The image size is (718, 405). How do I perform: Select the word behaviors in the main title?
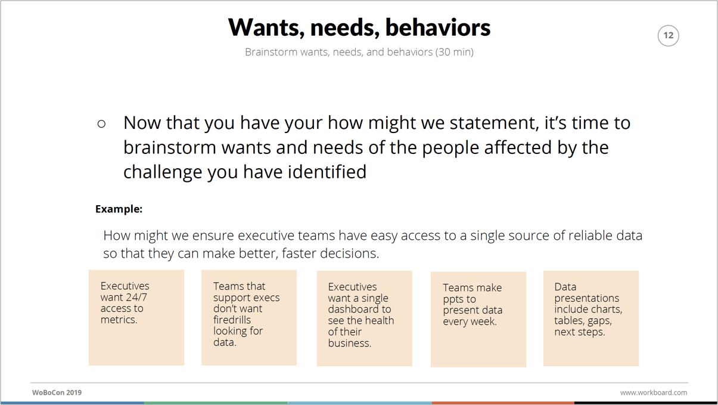point(438,27)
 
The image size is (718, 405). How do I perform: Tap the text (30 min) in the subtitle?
point(454,52)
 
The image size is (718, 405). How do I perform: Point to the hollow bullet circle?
point(101,124)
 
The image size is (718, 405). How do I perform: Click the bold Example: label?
point(119,209)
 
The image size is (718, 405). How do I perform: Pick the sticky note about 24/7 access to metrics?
point(136,317)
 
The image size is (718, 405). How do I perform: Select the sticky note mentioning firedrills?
point(249,317)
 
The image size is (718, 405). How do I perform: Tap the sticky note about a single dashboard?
point(365,319)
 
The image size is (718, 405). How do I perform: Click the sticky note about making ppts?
point(478,319)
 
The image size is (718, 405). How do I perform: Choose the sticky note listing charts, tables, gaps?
point(590,319)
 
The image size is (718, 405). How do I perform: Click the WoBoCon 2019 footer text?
point(57,392)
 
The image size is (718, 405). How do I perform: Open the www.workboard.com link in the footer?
point(653,392)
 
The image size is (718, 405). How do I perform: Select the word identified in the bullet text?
point(327,171)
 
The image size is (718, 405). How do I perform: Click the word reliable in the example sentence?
point(589,236)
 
